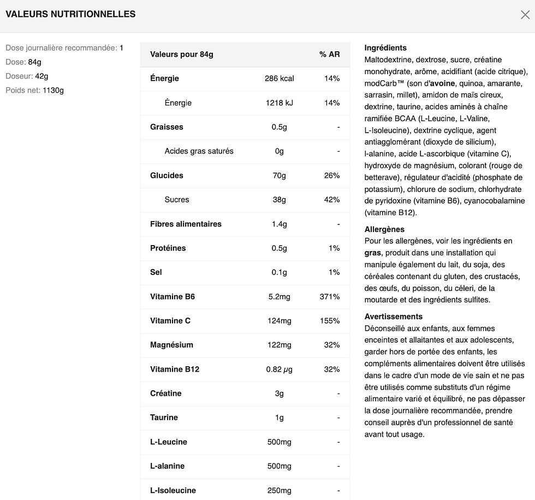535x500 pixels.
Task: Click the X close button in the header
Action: coord(525,15)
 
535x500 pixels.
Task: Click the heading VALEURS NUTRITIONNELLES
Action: coord(70,15)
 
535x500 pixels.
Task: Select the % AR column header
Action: coord(330,54)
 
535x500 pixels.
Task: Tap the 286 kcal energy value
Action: coord(279,79)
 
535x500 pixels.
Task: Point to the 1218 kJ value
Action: coord(279,103)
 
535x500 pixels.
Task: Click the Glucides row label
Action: coord(167,175)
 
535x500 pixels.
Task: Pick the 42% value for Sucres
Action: coord(331,199)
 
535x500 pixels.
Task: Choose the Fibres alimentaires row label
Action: coord(186,224)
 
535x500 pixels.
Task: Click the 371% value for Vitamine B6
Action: coord(330,296)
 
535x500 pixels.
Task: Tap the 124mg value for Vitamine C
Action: coord(279,320)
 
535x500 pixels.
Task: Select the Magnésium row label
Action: coord(171,344)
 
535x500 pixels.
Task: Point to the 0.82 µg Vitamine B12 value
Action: coord(279,369)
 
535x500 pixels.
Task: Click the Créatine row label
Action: coord(165,393)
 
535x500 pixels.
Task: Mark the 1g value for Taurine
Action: coord(279,418)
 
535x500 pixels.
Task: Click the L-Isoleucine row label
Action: coord(173,490)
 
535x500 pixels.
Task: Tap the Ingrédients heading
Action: coord(385,48)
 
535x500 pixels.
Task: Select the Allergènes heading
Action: coord(384,229)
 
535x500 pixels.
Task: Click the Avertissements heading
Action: coord(393,317)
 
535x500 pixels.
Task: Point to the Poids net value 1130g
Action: coord(53,90)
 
